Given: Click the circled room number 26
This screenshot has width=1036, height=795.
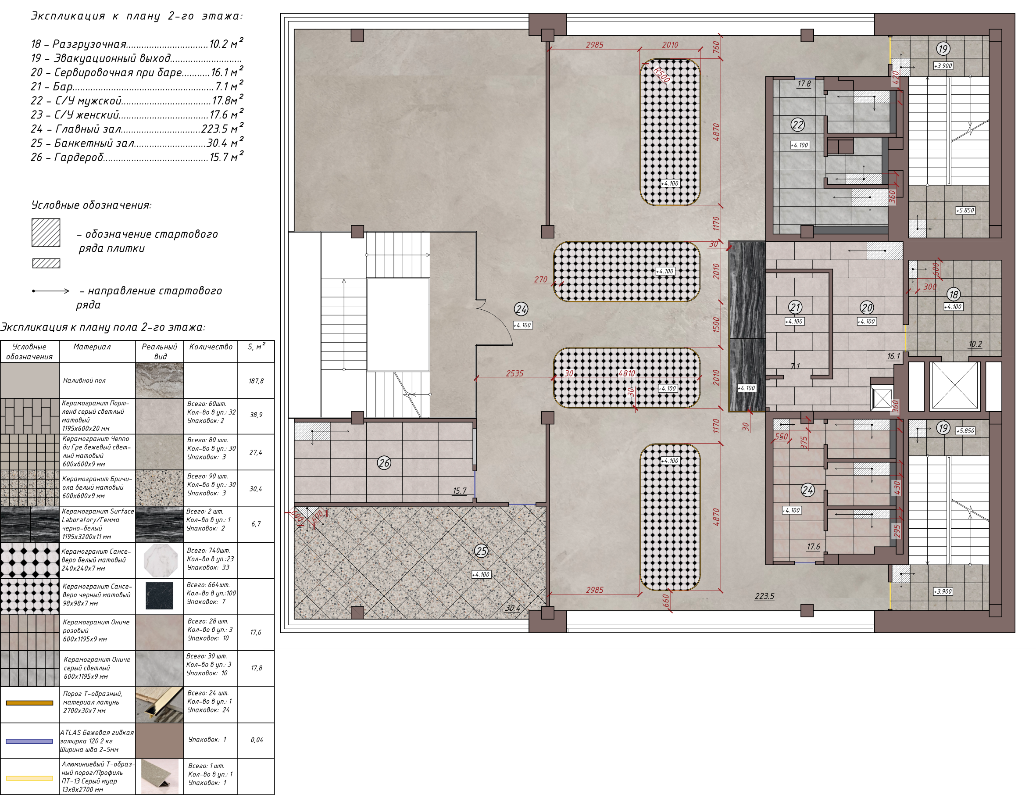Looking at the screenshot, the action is [384, 463].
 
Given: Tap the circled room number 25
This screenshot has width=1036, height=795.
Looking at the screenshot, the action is [481, 551].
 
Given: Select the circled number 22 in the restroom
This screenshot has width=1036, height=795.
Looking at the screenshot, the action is [797, 125].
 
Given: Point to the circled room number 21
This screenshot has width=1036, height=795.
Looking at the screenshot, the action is [795, 307].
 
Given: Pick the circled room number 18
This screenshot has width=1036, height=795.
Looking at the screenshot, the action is [953, 294].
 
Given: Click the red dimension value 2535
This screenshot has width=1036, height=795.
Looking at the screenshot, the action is [514, 373].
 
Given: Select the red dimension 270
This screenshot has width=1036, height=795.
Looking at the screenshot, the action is [541, 279].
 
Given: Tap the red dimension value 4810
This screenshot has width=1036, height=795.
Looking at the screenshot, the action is [627, 373].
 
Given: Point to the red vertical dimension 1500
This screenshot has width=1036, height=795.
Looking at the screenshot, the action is [716, 325].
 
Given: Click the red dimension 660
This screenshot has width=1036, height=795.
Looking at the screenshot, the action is [666, 601].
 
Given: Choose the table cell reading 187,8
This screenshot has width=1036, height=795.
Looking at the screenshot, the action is [256, 381].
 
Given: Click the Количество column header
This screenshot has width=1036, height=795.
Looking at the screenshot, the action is [211, 347].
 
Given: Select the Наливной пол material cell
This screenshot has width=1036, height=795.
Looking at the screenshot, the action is [84, 380].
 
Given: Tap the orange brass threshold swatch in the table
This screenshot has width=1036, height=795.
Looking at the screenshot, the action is [29, 703].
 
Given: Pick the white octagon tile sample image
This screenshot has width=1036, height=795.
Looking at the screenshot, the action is [159, 560].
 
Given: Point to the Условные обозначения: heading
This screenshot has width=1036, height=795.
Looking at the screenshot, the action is [91, 205].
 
